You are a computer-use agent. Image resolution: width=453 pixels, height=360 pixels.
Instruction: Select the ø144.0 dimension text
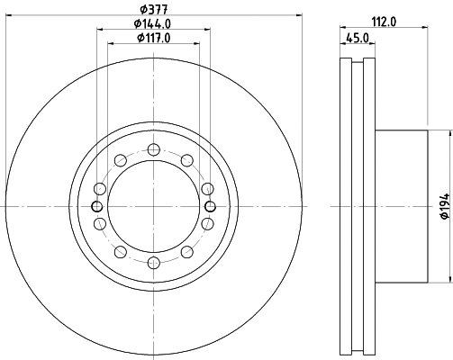[x=153, y=22]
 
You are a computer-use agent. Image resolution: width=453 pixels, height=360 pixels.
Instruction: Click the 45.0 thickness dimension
[x=357, y=39]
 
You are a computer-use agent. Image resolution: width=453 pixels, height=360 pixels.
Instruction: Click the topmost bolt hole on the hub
[x=153, y=149]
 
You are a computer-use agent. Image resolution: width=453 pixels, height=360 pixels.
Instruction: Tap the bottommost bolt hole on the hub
[x=153, y=262]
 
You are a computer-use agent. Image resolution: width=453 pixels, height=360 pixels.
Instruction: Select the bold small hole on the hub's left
[x=96, y=206]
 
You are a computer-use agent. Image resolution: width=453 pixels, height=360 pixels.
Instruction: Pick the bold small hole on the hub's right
[x=210, y=206]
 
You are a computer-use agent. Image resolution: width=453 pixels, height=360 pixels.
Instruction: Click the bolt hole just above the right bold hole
[x=207, y=188]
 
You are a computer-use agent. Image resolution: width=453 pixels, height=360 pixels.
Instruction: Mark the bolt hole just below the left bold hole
[x=99, y=223]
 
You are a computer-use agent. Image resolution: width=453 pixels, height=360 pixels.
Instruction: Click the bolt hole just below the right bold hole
[x=207, y=223]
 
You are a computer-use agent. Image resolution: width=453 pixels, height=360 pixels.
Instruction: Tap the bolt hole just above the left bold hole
[x=99, y=188]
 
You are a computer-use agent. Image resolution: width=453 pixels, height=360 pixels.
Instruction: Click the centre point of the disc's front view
[x=153, y=206]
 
